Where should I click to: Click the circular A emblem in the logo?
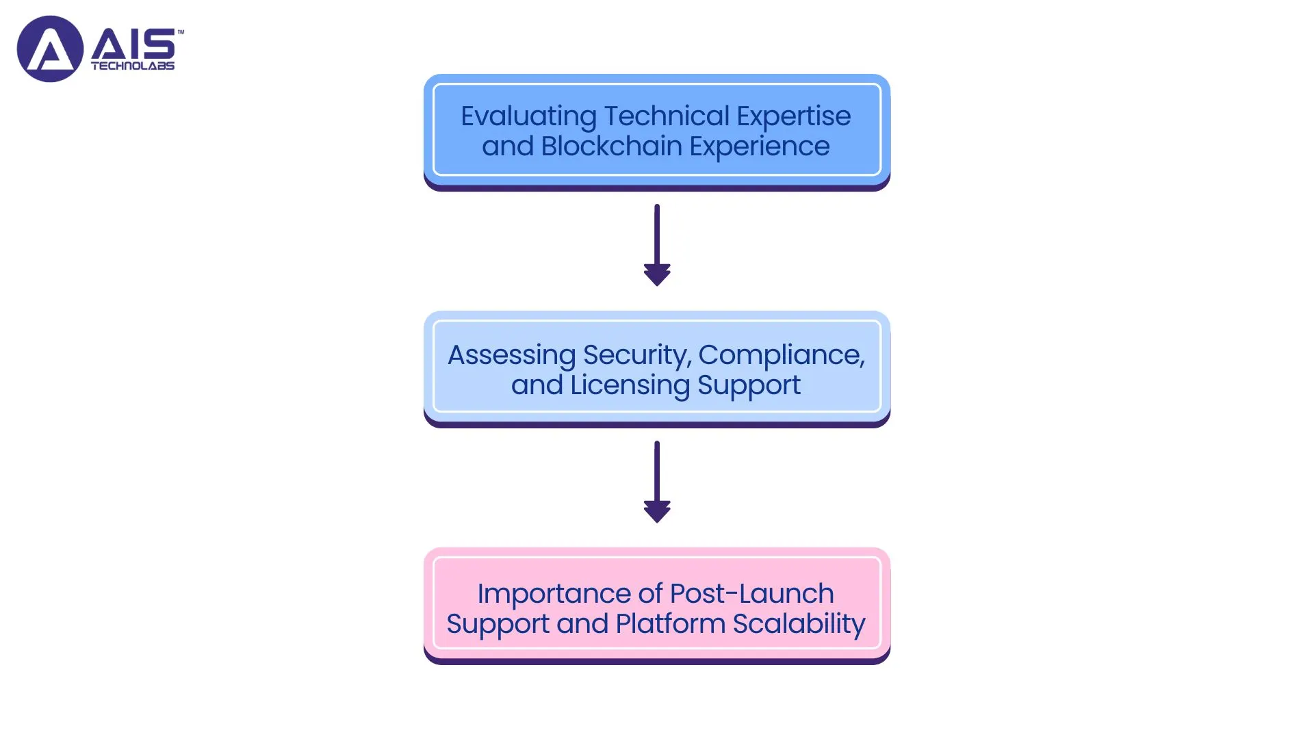50,49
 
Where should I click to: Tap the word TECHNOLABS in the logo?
133,66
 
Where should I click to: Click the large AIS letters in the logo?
133,44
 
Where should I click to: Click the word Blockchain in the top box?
611,146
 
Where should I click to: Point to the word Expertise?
793,116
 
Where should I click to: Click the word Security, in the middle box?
637,355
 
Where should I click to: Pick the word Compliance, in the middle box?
782,355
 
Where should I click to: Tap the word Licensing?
630,385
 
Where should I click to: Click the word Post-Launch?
751,594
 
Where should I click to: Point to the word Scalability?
799,624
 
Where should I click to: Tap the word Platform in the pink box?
670,624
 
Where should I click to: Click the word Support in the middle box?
749,385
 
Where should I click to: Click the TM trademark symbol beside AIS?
181,31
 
